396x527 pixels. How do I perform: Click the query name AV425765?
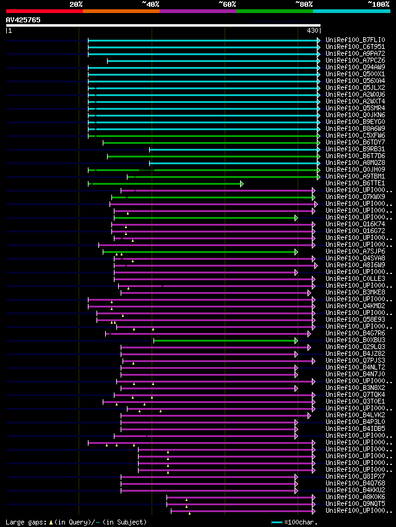[x=24, y=20]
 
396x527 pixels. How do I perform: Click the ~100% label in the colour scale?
[x=378, y=4]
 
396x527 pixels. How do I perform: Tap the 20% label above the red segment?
[x=76, y=4]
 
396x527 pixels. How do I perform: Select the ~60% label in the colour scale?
[x=227, y=4]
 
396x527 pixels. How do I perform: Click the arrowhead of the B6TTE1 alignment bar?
[x=242, y=184]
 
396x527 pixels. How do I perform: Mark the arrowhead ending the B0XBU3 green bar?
[x=296, y=340]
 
